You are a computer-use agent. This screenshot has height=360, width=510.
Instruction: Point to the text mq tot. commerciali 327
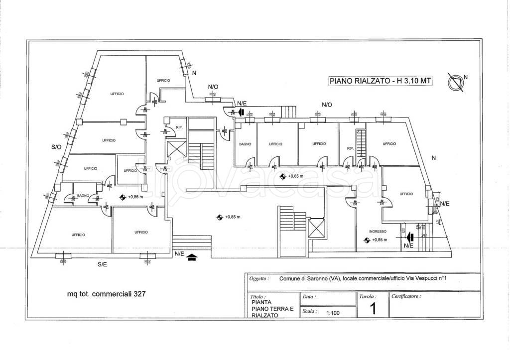click(x=107, y=293)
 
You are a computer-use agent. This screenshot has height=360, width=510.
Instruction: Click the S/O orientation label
click(x=56, y=147)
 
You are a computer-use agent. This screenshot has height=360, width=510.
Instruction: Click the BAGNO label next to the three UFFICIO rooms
click(x=245, y=144)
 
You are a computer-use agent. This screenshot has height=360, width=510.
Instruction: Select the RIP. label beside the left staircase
click(x=178, y=128)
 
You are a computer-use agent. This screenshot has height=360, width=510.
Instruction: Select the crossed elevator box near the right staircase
click(x=316, y=228)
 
